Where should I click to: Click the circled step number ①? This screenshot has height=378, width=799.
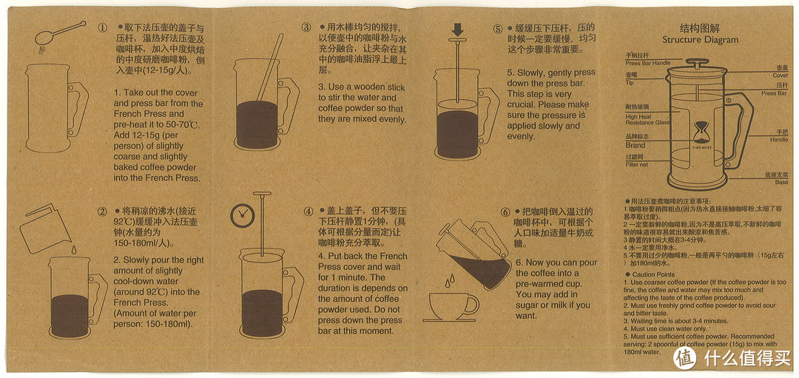[x=102, y=28]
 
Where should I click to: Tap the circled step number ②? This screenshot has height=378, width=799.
[x=102, y=212]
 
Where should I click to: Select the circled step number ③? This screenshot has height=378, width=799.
[x=306, y=27]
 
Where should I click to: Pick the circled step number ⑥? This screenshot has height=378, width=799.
[x=505, y=212]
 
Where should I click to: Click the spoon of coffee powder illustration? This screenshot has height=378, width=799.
[x=58, y=31]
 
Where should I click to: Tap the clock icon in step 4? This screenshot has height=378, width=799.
[x=240, y=215]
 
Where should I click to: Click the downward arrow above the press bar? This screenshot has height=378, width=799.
[x=458, y=30]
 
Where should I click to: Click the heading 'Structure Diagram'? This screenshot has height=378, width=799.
[x=690, y=40]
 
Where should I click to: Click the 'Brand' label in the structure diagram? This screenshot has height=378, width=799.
[x=635, y=145]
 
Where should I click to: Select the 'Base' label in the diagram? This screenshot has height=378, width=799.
[x=781, y=182]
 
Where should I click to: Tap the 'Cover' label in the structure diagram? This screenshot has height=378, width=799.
[x=781, y=75]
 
